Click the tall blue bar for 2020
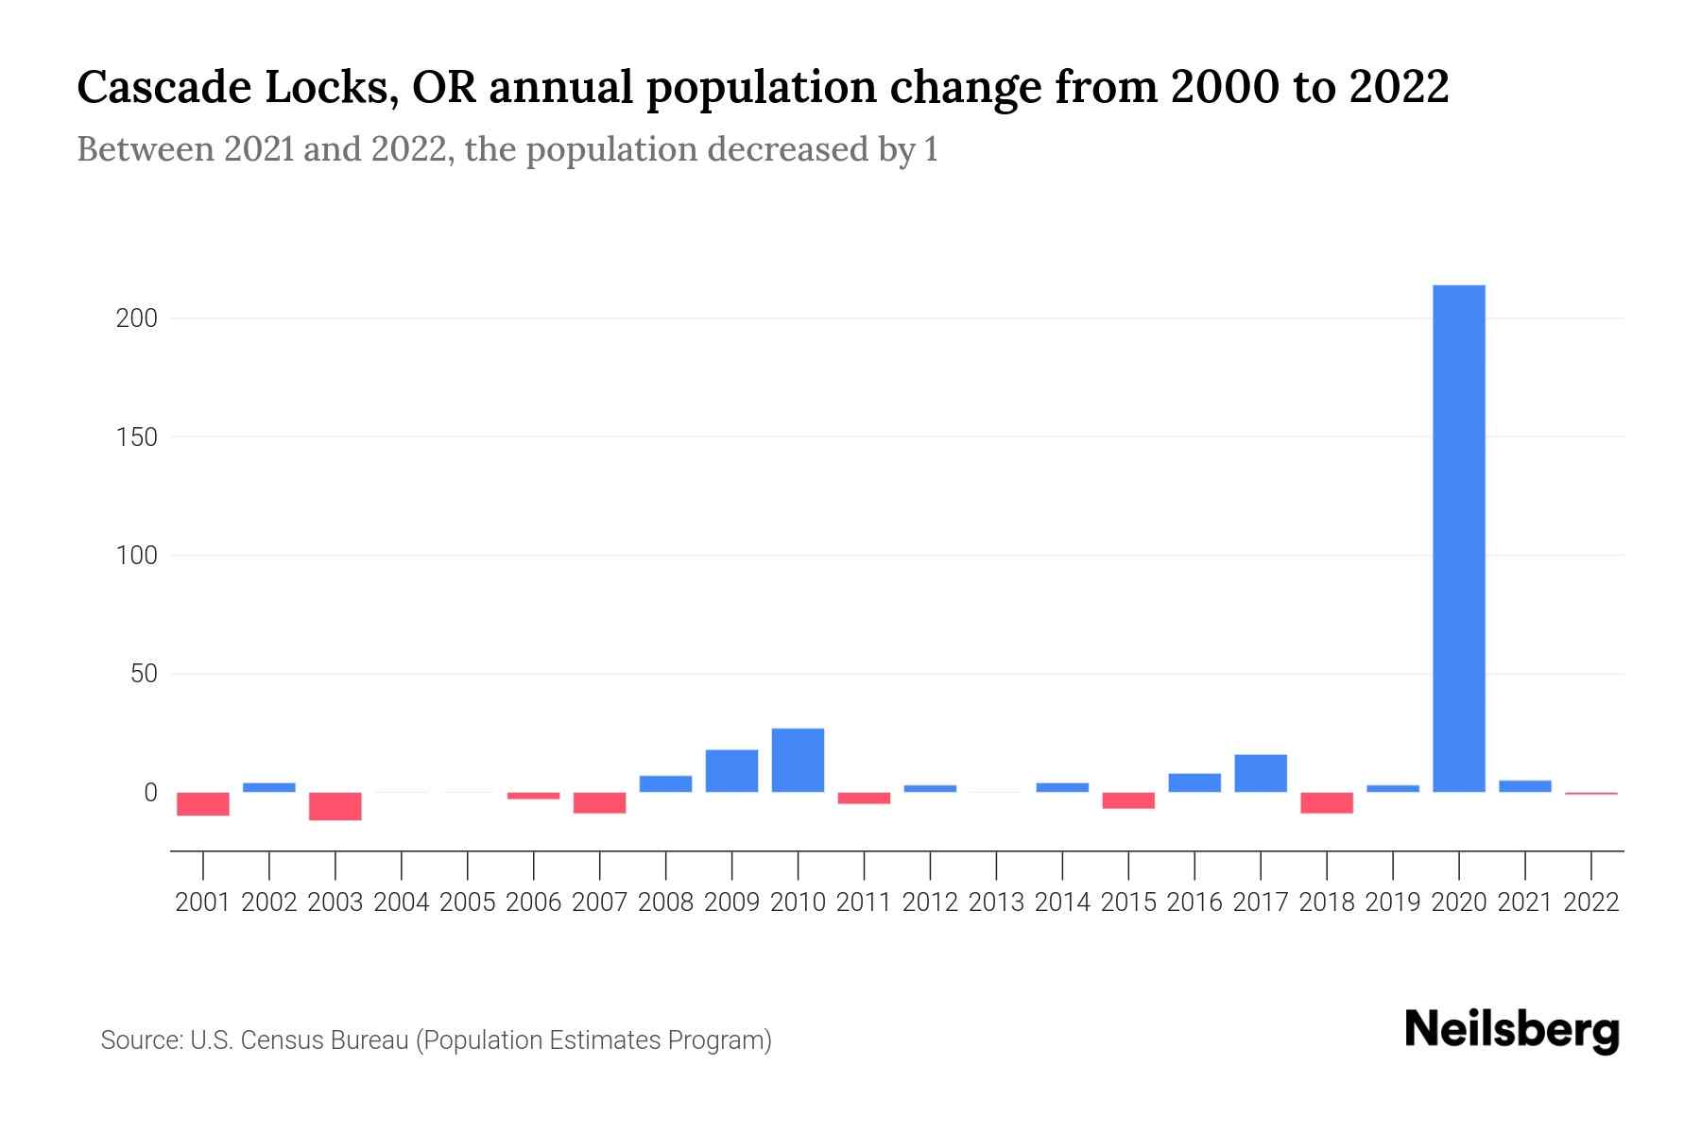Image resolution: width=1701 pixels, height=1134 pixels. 1458,539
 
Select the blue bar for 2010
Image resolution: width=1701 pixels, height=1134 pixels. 798,760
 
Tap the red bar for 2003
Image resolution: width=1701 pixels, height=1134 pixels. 335,806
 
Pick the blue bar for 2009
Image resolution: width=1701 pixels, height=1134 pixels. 731,771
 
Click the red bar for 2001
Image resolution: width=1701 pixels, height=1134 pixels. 203,803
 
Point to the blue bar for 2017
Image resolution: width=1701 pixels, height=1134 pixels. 1261,773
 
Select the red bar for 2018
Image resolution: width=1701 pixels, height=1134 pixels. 1327,802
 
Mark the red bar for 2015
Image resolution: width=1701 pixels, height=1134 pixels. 1128,800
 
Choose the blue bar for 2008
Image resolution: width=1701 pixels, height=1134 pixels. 665,783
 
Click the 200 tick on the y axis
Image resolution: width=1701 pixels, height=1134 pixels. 136,318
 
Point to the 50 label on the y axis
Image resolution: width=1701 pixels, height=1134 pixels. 144,674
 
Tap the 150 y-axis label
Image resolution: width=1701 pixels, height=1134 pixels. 136,438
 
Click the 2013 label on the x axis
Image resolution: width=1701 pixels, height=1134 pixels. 996,902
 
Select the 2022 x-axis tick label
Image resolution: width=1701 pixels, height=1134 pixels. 1591,902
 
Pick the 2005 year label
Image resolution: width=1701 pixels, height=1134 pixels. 468,902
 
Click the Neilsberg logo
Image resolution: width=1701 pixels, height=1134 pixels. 1512,1030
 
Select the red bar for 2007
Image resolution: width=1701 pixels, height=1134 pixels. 599,802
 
